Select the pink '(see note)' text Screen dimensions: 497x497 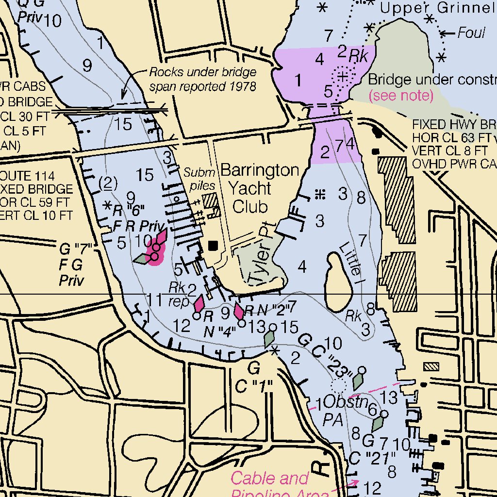[401, 96]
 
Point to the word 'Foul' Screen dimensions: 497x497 [471, 33]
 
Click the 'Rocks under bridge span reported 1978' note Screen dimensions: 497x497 [202, 80]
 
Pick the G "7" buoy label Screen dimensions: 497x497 [76, 250]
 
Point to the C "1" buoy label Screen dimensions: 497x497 [254, 386]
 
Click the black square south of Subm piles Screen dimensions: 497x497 [213, 246]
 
